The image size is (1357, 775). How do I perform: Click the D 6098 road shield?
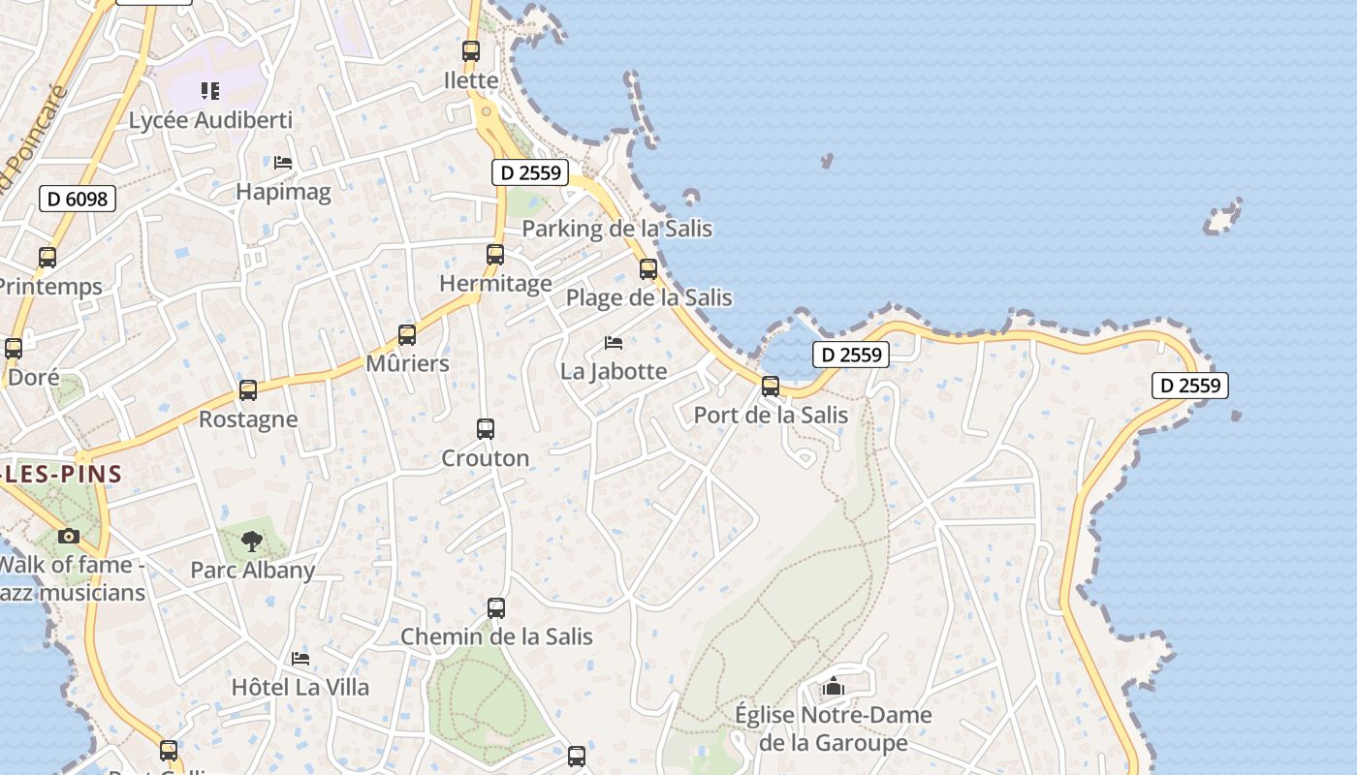tap(78, 200)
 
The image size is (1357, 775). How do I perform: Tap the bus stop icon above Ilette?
tap(471, 51)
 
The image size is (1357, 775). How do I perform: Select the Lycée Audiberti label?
tap(210, 121)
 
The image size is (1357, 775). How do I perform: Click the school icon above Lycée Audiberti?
tap(210, 91)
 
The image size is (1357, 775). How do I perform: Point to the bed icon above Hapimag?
tap(283, 162)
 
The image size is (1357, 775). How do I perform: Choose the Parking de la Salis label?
tap(617, 229)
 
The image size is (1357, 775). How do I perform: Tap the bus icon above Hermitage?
tap(495, 255)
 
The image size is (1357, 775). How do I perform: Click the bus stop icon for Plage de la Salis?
tap(648, 269)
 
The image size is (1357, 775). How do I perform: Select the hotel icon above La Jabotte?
tap(614, 342)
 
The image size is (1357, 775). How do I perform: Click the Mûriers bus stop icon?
tap(407, 335)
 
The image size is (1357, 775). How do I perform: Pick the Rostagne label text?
tap(248, 419)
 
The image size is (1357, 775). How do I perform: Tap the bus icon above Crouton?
tap(486, 429)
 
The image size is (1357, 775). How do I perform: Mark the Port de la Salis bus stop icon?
tap(771, 387)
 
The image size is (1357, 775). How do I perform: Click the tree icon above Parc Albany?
tap(252, 541)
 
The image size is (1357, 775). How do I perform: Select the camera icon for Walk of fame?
tap(68, 536)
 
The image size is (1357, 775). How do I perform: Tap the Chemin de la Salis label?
tap(496, 636)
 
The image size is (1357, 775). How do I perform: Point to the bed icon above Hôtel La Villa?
tap(300, 659)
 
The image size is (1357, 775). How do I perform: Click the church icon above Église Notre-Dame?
tap(833, 687)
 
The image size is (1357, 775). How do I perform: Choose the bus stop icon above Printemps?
tap(47, 258)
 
